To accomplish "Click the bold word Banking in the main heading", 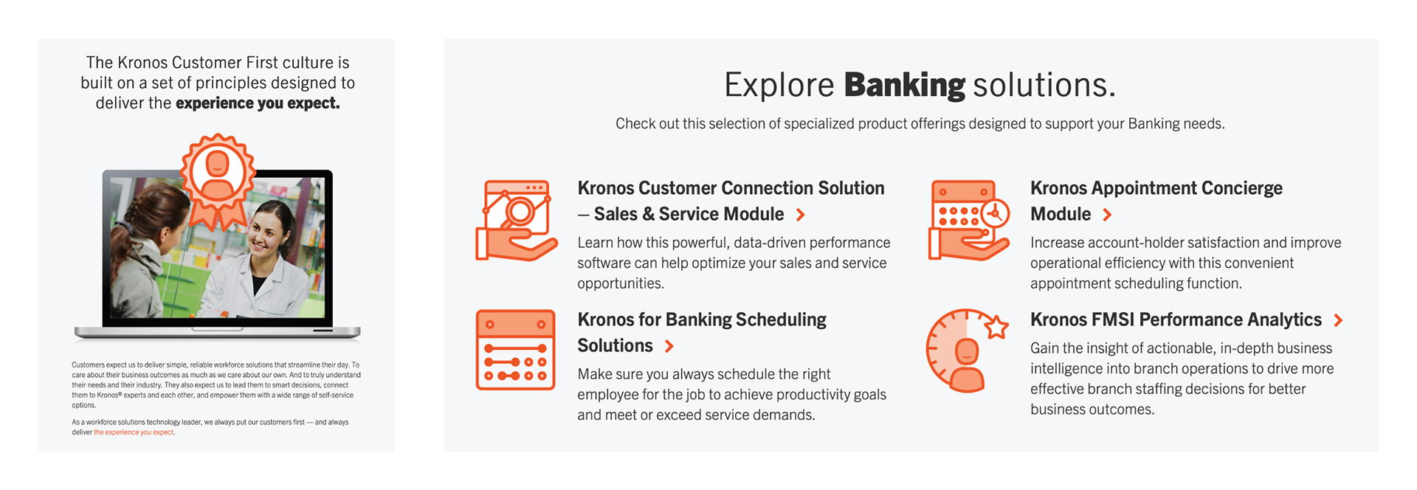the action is coord(904,85).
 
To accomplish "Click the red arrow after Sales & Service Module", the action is coord(801,215).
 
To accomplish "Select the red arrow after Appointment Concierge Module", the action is coord(1107,215).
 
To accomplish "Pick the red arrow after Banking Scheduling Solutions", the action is coord(669,346).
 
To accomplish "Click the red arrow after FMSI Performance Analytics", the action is coord(1338,320).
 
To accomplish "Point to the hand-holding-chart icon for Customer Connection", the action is coord(516,220).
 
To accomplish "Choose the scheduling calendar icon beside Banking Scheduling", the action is coord(515,350).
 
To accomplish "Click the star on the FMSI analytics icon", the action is coord(996,325).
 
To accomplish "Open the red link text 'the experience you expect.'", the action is coord(134,432).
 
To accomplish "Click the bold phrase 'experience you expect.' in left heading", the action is coord(258,103).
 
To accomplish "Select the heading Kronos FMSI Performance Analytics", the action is coord(1176,320).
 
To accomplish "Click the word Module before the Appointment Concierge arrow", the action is coord(1061,214).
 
